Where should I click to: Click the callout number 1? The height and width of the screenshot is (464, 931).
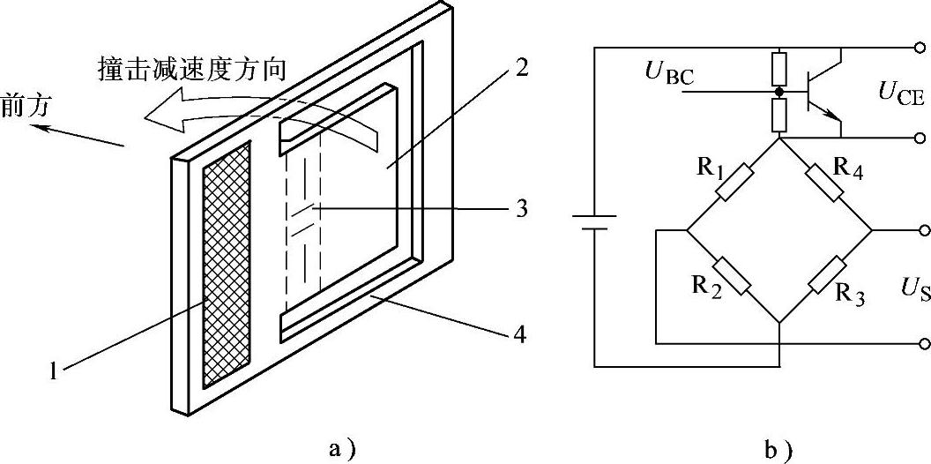point(54,371)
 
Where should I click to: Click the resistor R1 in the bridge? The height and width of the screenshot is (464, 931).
point(733,183)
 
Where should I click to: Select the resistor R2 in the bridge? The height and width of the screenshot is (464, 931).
point(733,275)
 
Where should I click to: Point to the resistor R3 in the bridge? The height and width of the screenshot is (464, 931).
point(826,275)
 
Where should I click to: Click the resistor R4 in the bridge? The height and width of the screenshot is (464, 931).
point(826,183)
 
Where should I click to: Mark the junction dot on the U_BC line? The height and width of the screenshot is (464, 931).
point(779,91)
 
